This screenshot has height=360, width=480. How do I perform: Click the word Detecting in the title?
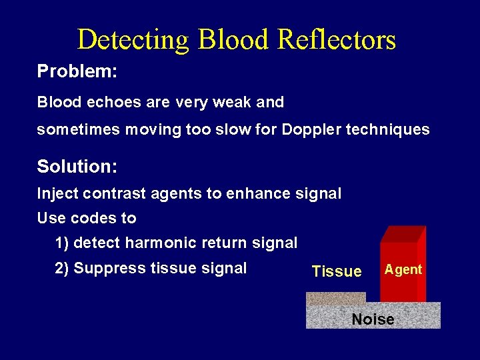point(133,40)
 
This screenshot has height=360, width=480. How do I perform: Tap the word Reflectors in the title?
point(336,40)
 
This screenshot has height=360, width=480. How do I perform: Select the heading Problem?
point(77,71)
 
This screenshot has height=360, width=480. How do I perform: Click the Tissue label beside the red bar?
point(337,271)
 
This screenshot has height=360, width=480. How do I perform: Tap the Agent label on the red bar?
point(403,269)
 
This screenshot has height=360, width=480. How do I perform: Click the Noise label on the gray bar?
point(373,319)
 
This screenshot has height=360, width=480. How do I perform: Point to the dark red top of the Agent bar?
point(402,234)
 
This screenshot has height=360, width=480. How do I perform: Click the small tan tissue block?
point(335,298)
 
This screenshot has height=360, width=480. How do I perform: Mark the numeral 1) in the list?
point(63,243)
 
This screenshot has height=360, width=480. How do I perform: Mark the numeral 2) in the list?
point(63,268)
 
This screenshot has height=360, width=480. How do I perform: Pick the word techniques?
point(388,129)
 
